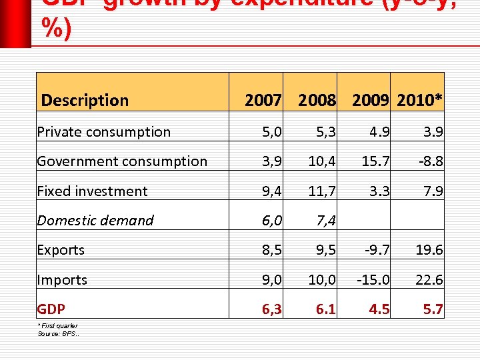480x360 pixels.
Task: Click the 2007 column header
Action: [x=263, y=101]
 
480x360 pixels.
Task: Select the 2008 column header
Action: [x=317, y=101]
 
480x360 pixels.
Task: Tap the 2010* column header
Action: [x=419, y=101]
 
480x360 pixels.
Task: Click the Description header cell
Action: [x=85, y=101]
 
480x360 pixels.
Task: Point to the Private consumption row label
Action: [x=104, y=132]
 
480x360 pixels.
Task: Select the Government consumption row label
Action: [x=122, y=161]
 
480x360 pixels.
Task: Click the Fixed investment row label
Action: [x=92, y=191]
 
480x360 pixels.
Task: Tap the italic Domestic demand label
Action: [x=95, y=221]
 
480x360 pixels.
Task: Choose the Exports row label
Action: [x=61, y=250]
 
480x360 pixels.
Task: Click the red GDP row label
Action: [x=51, y=309]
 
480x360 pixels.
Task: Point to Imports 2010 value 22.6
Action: [x=429, y=280]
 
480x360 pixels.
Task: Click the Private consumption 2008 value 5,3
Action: [x=325, y=132]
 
